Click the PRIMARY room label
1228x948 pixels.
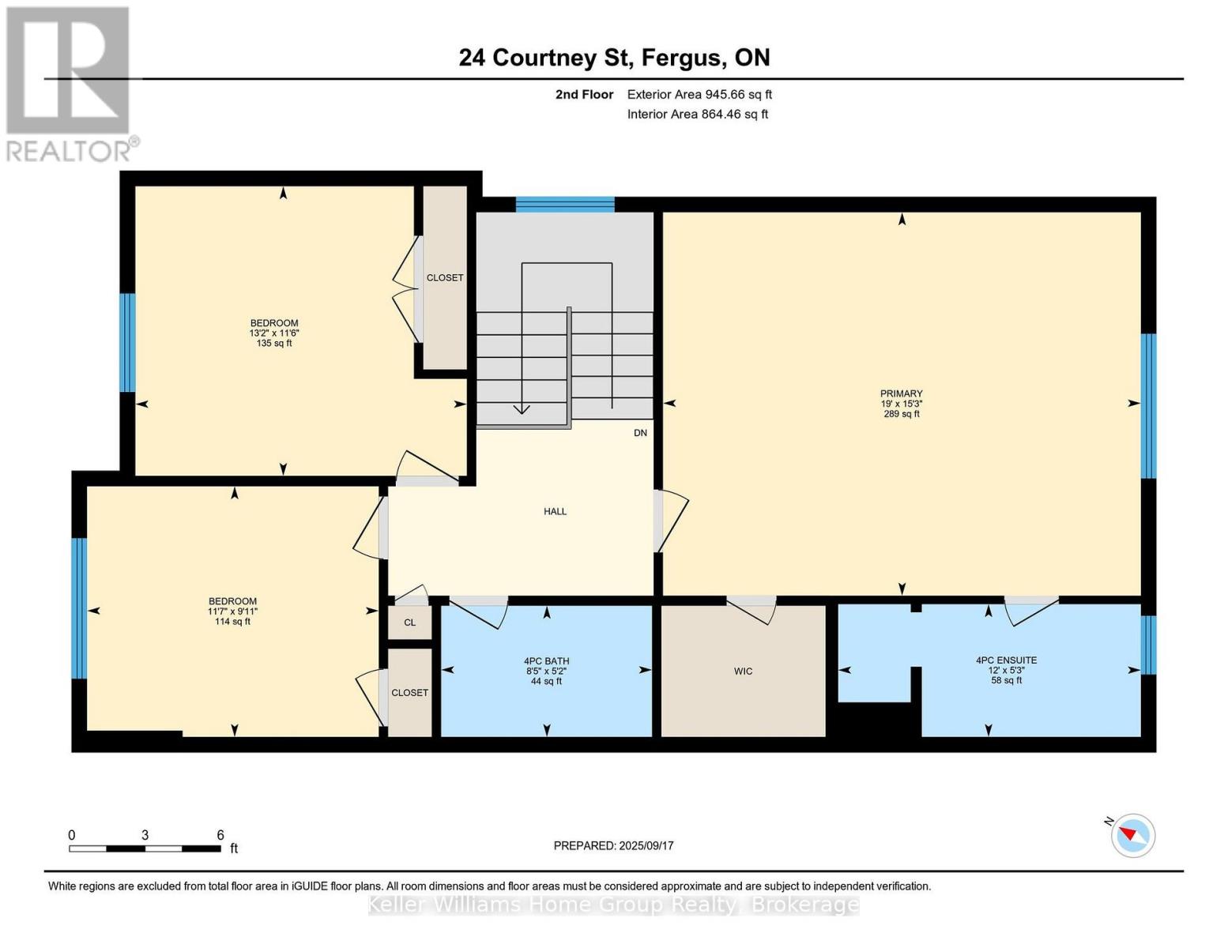[x=901, y=403]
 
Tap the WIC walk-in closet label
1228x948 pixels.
[x=743, y=671]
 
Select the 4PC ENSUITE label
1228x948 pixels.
[x=1006, y=670]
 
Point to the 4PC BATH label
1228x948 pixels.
[x=546, y=671]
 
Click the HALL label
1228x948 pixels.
[x=555, y=512]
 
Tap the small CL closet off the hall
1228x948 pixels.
[x=409, y=623]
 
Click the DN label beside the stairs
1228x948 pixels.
[x=640, y=433]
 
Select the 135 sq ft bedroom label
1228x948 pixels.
[x=274, y=333]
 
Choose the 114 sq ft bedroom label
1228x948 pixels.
[x=232, y=611]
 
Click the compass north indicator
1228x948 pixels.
[x=1132, y=835]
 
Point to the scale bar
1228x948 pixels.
[x=145, y=848]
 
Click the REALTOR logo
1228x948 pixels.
[x=69, y=83]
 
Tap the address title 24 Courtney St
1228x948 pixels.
[x=614, y=58]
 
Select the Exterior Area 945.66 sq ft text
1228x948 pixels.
[x=699, y=95]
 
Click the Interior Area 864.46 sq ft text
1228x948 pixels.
[x=697, y=115]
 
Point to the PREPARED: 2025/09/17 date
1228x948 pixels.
[x=613, y=846]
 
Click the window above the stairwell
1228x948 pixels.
[x=564, y=205]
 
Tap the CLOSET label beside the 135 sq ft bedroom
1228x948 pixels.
[x=445, y=278]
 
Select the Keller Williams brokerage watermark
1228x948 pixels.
[x=613, y=905]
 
